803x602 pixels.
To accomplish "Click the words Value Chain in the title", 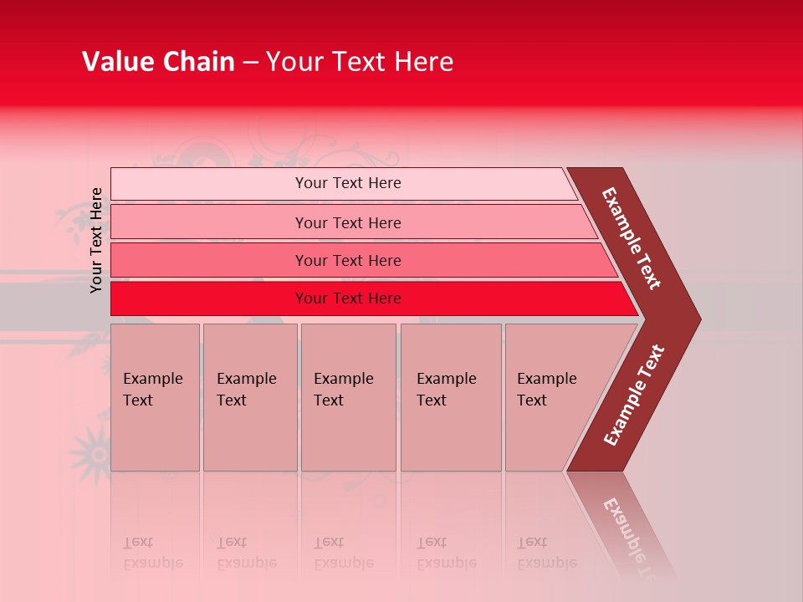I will (158, 62).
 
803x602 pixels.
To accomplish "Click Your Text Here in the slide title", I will (360, 62).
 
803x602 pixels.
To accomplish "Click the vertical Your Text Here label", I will (96, 240).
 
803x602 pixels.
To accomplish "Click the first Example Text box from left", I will (155, 397).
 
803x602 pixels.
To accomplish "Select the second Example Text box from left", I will (249, 397).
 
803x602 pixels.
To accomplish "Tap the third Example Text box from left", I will (348, 397).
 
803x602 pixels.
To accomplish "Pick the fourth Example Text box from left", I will (450, 397).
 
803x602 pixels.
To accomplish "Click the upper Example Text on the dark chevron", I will (632, 238).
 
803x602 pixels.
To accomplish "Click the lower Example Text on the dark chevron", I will (634, 395).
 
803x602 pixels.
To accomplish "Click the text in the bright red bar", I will (348, 298).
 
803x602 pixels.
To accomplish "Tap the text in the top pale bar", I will (348, 183).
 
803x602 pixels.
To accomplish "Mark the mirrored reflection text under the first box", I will (153, 553).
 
